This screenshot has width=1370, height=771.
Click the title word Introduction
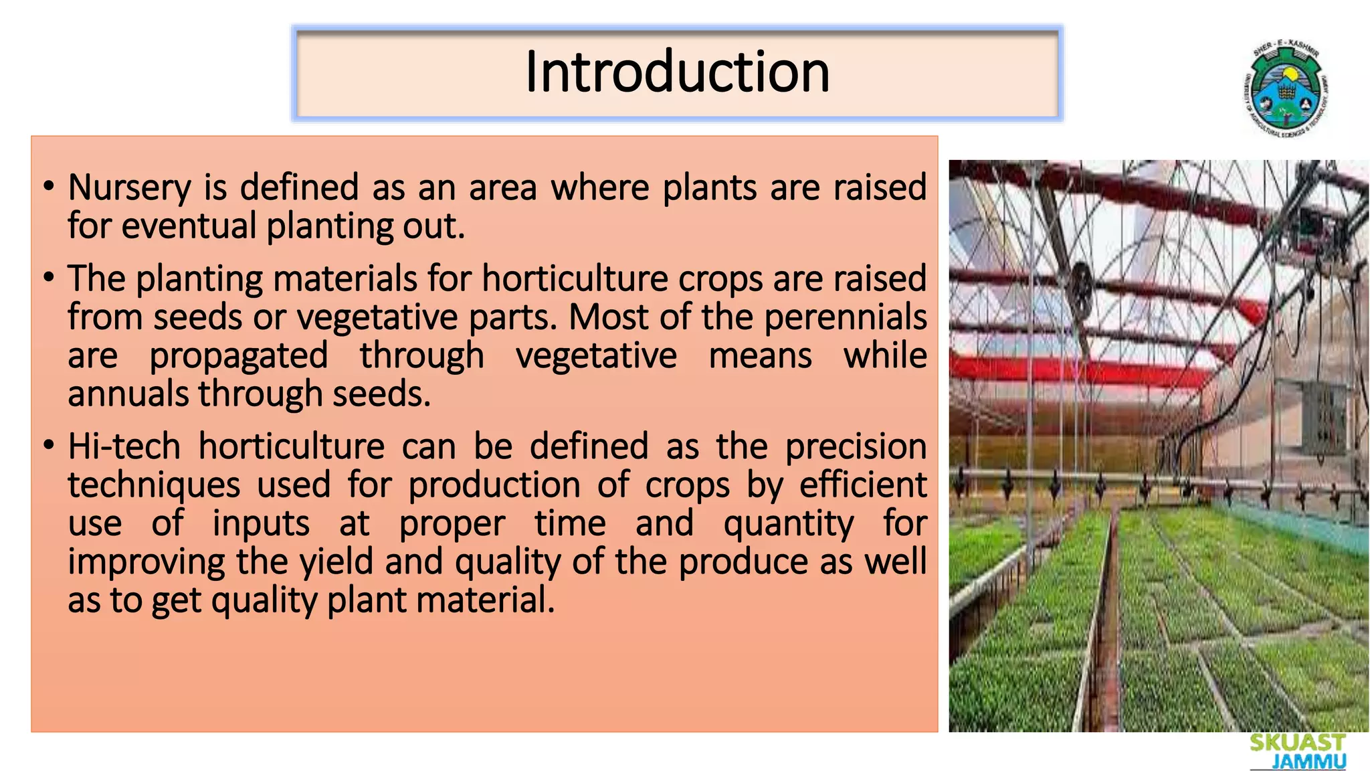[677, 72]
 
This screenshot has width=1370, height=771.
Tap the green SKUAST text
[1297, 743]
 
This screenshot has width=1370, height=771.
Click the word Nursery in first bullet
[129, 188]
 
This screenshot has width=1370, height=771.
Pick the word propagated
[238, 356]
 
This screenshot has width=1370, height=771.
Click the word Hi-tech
[124, 446]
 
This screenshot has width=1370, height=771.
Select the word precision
[856, 448]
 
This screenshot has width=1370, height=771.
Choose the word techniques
[154, 485]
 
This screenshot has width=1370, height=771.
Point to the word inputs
[261, 523]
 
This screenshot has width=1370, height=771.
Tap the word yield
[336, 562]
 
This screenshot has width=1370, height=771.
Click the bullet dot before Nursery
[49, 187]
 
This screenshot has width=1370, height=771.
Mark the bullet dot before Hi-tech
[49, 446]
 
